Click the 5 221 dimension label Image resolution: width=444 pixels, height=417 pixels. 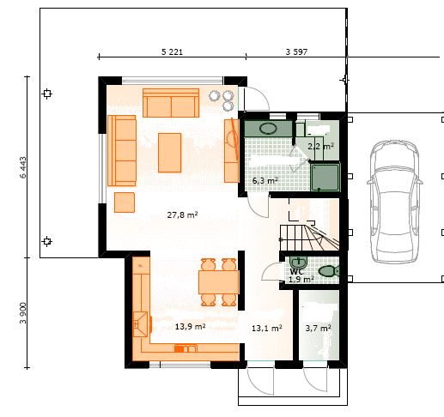pos(172,52)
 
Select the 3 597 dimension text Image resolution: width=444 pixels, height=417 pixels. pos(296,52)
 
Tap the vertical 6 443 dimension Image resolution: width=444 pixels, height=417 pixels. pos(23,167)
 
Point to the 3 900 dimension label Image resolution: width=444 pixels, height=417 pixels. pos(23,313)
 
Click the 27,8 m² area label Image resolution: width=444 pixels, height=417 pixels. pos(182,215)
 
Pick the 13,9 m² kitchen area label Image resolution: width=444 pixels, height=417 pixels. pos(190,327)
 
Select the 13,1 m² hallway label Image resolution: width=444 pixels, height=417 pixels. pos(267,329)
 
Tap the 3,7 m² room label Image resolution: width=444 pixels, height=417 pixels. pos(318,329)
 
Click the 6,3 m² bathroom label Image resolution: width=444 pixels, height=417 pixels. pos(265,181)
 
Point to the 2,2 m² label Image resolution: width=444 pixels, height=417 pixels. pos(320,147)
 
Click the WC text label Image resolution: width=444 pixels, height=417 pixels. pos(296,272)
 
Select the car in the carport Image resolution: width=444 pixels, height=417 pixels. pos(395,202)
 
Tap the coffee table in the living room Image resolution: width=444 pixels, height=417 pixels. pos(169,153)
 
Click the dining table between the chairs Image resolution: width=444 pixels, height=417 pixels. pos(219,282)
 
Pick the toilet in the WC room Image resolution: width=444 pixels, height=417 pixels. pos(328,271)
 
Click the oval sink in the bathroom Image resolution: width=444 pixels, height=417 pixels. pos(268,129)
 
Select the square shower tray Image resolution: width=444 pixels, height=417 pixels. pos(325,177)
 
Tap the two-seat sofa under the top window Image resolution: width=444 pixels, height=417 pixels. pos(171,103)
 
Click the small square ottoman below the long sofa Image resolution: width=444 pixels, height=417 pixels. pos(125,202)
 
